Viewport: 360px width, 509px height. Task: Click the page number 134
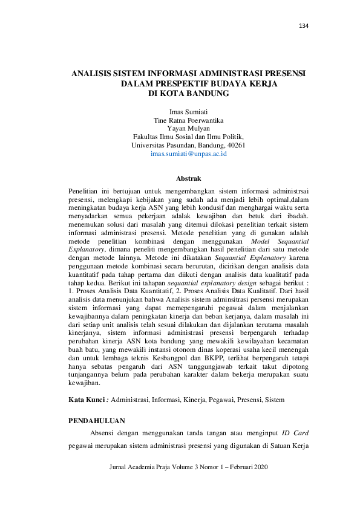[x=304, y=25]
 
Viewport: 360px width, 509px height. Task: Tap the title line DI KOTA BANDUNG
[x=188, y=94]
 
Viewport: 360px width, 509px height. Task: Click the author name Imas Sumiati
[x=188, y=112]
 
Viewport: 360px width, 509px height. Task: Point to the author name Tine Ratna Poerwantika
[x=188, y=120]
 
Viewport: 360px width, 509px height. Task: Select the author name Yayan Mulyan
[x=188, y=129]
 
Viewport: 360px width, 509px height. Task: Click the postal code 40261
[x=235, y=146]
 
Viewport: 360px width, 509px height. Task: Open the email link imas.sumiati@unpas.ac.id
[x=188, y=155]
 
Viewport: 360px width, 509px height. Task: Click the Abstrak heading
[x=188, y=180]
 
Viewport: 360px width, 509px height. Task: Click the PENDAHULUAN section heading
[x=97, y=421]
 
